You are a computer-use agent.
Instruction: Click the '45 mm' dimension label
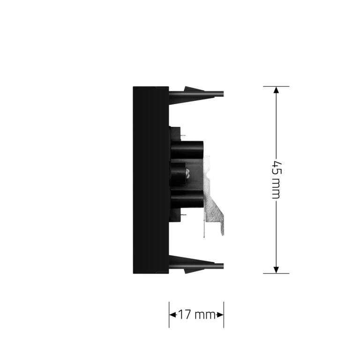coord(276,180)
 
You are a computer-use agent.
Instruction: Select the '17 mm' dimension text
coord(197,315)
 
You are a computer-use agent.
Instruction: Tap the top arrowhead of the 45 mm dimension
coord(276,90)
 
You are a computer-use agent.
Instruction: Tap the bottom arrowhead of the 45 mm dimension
coord(276,270)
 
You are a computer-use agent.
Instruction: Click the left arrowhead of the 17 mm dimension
coord(172,315)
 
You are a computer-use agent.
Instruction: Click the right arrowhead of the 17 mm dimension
coord(220,315)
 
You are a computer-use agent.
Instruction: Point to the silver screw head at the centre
coord(187,173)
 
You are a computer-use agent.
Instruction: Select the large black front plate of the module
coord(151,180)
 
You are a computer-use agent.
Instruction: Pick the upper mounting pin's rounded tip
coord(223,94)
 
